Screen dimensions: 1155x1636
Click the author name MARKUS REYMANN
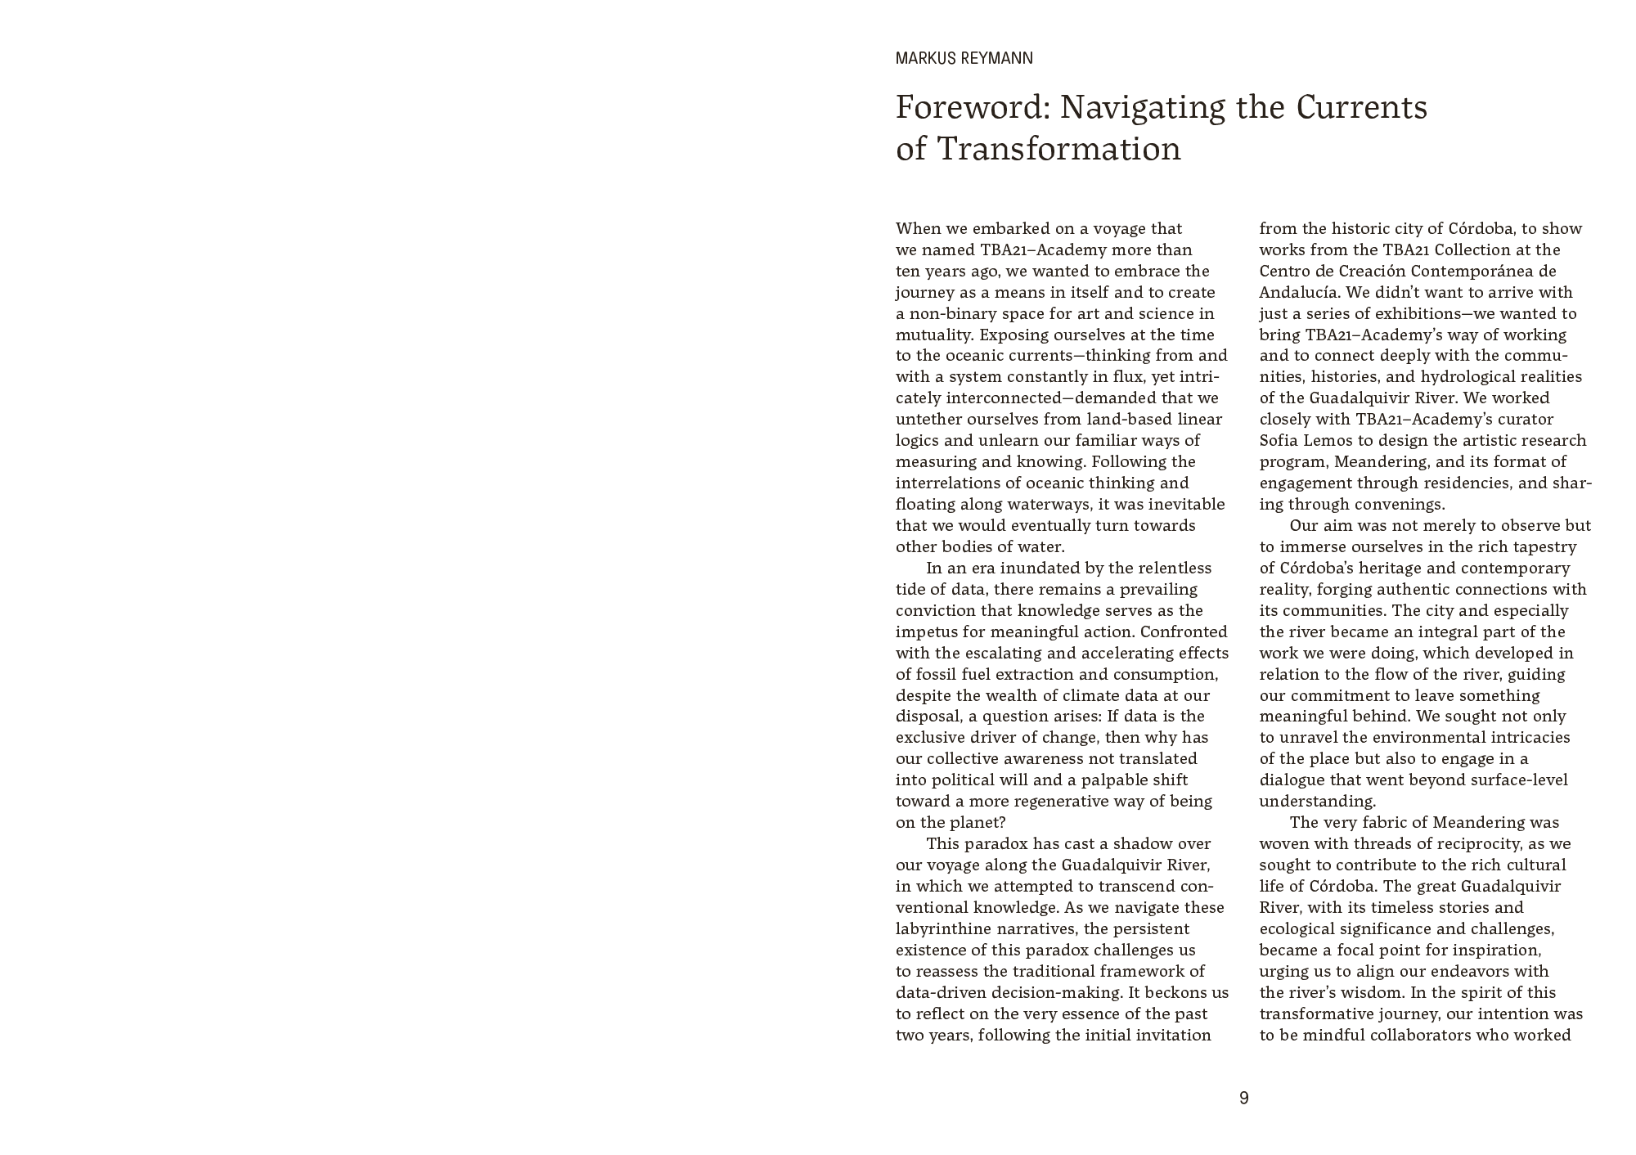(x=964, y=58)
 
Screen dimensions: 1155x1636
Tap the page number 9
(x=1243, y=1099)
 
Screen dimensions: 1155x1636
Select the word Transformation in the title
(x=1058, y=150)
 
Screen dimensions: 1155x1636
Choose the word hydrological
(x=1467, y=377)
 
